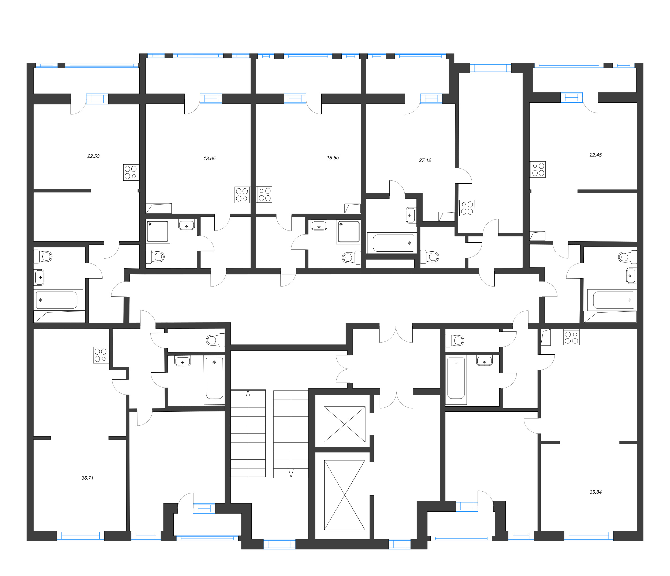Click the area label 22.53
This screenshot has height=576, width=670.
click(94, 156)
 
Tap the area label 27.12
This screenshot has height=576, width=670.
click(425, 160)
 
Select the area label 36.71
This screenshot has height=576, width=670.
click(87, 478)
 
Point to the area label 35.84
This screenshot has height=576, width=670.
click(595, 492)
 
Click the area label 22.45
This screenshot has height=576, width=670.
click(595, 155)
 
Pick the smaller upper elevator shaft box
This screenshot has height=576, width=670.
click(344, 424)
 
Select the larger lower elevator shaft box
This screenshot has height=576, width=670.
click(344, 495)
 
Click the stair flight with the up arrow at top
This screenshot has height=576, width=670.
click(248, 433)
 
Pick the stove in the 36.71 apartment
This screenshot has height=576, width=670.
click(101, 355)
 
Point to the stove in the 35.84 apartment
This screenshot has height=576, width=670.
click(571, 337)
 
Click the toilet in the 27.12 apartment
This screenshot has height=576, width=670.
click(430, 257)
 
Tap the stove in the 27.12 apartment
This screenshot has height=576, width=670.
click(466, 208)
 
